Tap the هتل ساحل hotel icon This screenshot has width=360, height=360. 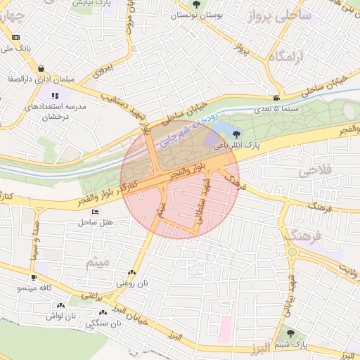tap(96, 212)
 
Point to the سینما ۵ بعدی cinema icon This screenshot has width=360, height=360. tap(278, 98)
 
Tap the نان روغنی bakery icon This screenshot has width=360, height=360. tap(132, 273)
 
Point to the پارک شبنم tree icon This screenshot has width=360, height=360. tap(290, 333)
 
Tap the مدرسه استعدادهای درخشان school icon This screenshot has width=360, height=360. tap(55, 96)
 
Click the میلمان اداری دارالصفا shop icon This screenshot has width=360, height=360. tap(43, 69)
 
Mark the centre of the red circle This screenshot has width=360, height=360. tap(180, 179)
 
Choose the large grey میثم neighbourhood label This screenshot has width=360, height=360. tap(98, 263)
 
